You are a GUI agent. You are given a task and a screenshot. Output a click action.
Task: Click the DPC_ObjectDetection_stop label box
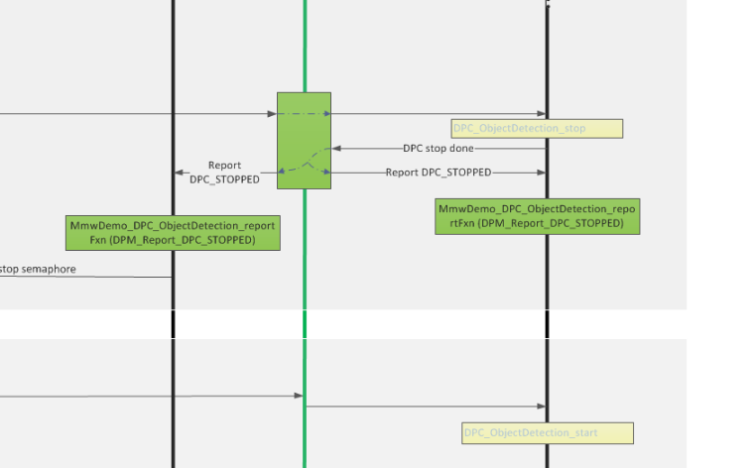click(537, 129)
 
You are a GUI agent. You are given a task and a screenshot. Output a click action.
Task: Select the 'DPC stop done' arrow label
click(439, 149)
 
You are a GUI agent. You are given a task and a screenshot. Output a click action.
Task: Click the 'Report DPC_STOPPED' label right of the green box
click(438, 173)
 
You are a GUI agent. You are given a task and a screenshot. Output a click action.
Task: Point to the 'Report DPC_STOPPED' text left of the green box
click(224, 173)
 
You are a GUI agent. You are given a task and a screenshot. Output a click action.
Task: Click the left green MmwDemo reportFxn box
click(173, 233)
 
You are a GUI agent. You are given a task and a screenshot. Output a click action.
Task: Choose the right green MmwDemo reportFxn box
click(537, 217)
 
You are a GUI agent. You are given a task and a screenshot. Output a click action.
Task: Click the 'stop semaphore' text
click(38, 269)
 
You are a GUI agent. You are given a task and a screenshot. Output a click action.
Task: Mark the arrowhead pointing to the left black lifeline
click(180, 173)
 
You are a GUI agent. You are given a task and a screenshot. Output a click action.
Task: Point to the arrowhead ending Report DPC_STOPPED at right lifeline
click(541, 173)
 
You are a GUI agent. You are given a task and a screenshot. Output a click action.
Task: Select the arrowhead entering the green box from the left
click(272, 114)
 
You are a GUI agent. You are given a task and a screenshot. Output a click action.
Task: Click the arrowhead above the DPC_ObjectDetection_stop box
click(541, 114)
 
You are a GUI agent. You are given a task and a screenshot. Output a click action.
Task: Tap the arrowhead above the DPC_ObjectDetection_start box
click(541, 407)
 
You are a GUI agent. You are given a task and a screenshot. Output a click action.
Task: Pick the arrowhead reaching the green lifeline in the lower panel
click(299, 396)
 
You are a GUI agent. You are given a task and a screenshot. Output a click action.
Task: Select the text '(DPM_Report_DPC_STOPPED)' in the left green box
click(173, 241)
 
